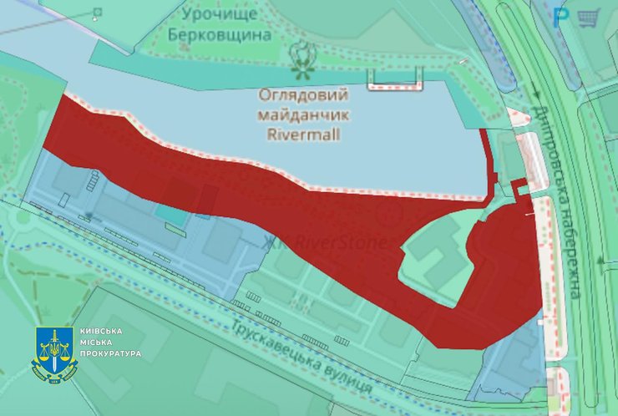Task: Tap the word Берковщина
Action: pyautogui.click(x=220, y=35)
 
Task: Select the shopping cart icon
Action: pyautogui.click(x=590, y=16)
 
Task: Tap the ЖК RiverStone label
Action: pyautogui.click(x=326, y=243)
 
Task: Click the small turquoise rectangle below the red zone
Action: pyautogui.click(x=171, y=214)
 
